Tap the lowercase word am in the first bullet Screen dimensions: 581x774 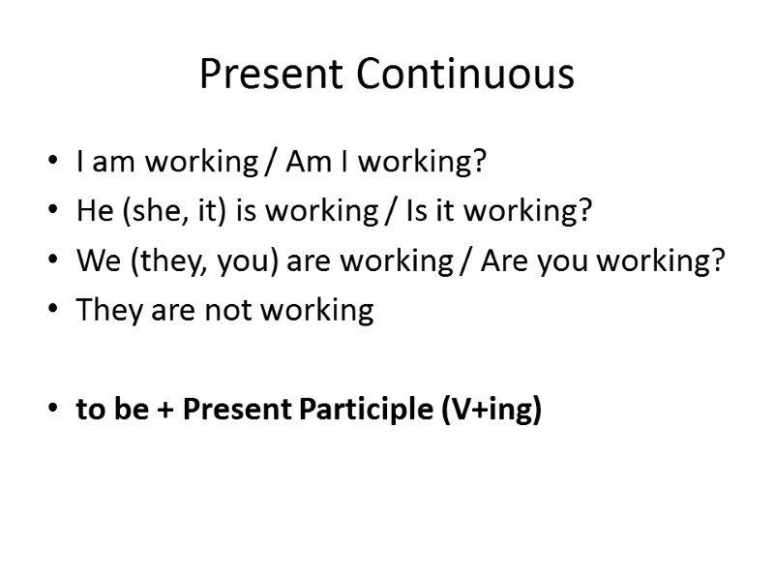click(114, 163)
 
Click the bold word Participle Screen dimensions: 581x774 click(369, 410)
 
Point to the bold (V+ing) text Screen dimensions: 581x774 click(491, 410)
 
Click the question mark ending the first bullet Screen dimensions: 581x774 click(477, 163)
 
